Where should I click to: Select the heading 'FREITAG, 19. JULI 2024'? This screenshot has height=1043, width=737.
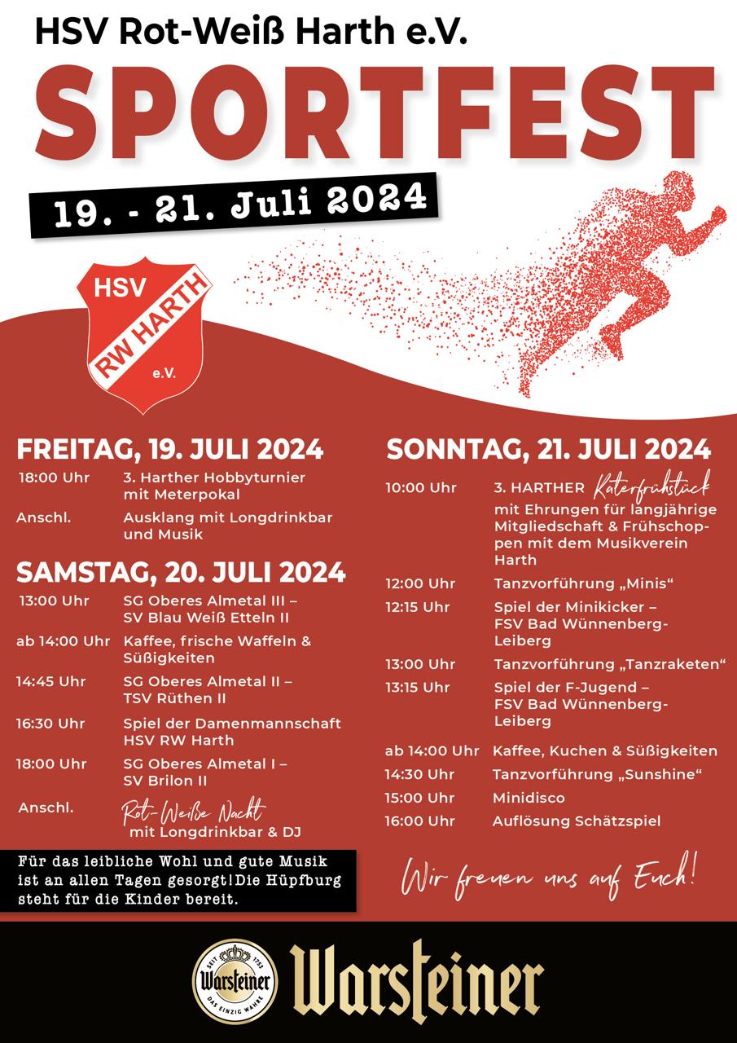coord(170,450)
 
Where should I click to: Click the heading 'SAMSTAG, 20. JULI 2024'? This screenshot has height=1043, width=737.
coord(181,572)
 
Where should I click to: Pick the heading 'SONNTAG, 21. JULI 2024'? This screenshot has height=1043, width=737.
coord(549,449)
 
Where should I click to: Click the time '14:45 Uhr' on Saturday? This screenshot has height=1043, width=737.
coord(50,681)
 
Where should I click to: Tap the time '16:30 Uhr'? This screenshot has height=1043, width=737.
coord(50,723)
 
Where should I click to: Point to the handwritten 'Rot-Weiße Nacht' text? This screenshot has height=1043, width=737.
coord(193,811)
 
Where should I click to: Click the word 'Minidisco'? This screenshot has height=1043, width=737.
coord(529,797)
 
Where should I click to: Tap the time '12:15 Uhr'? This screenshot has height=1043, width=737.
coord(418,607)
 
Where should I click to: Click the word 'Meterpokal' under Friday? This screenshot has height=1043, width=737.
coord(182,495)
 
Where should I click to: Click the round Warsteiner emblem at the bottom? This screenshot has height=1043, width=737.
coord(235,981)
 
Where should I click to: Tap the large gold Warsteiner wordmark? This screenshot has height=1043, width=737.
coord(417,982)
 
